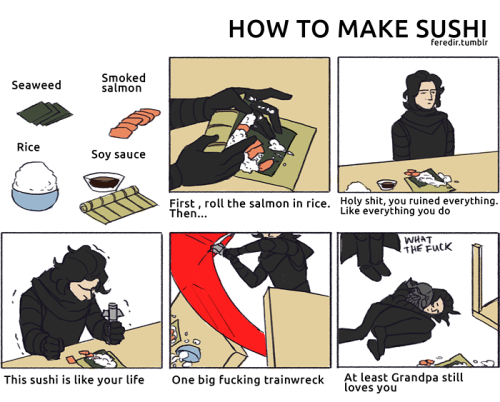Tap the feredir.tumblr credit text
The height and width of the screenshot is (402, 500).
coord(459,42)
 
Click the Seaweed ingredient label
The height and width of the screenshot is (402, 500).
coord(36,85)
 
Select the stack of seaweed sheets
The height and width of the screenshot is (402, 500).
coord(45,113)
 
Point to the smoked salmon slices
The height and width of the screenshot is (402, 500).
coord(135,123)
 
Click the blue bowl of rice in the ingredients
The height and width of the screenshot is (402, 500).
coord(35,186)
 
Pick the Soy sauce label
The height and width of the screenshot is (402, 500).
coord(118,154)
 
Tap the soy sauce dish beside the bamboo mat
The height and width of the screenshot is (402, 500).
coord(104,182)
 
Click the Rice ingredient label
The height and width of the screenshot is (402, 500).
coord(28,147)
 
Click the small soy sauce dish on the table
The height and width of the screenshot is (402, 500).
coord(387,184)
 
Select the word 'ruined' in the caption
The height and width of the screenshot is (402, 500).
coord(420,201)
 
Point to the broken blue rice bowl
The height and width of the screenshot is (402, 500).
coord(187,354)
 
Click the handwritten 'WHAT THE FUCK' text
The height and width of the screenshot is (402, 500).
coord(428,245)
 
